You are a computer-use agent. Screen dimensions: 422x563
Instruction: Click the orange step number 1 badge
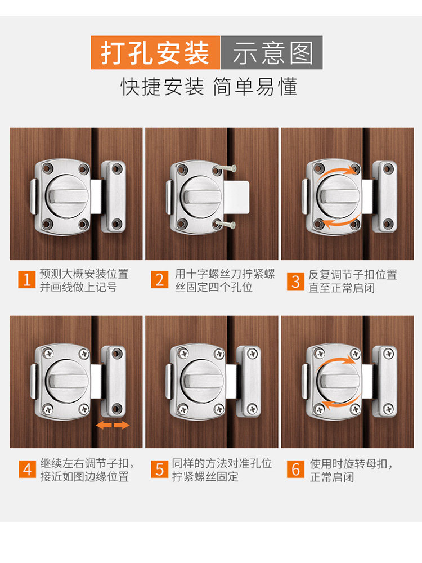(27, 279)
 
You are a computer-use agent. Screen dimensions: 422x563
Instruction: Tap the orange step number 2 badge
(160, 279)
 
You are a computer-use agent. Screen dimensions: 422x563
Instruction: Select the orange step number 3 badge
(295, 281)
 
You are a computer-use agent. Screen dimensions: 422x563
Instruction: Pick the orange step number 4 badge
(27, 470)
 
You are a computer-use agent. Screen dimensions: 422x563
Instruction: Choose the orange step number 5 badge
(160, 470)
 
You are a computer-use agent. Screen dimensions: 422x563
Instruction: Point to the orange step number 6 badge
(295, 470)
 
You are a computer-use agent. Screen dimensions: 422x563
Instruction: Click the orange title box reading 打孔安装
(155, 52)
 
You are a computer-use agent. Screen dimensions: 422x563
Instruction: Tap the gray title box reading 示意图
(271, 52)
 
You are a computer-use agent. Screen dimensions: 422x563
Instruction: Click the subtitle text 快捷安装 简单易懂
(209, 87)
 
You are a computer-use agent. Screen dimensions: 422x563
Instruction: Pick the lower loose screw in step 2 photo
(225, 225)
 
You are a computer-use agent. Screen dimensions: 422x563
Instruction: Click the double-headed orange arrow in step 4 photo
(113, 426)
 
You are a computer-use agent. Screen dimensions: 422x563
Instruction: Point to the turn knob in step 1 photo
(68, 196)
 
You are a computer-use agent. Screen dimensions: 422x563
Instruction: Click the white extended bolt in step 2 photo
(236, 196)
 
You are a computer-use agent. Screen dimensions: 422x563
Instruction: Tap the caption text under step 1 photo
(84, 280)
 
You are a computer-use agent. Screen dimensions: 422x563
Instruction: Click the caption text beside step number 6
(351, 470)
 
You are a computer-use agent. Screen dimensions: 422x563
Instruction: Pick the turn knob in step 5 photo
(203, 381)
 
